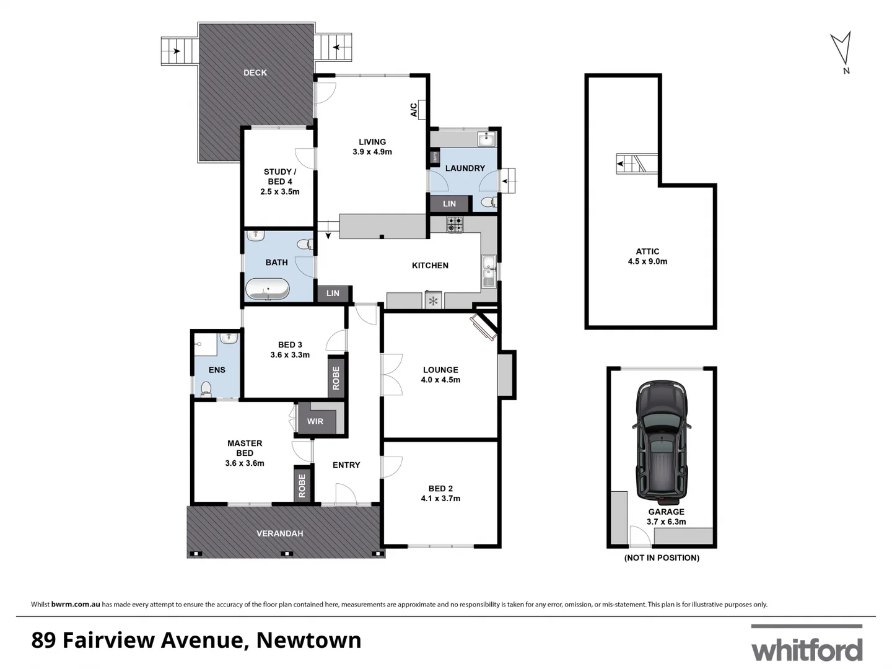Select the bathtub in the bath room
pyautogui.click(x=268, y=289)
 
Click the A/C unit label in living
pyautogui.click(x=414, y=110)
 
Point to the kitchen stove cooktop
pyautogui.click(x=455, y=224)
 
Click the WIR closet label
pyautogui.click(x=315, y=421)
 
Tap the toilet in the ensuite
pyautogui.click(x=206, y=389)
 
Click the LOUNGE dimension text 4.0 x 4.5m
pyautogui.click(x=440, y=380)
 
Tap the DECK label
pyautogui.click(x=255, y=72)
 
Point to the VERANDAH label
pyautogui.click(x=280, y=533)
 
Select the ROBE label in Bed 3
pyautogui.click(x=336, y=378)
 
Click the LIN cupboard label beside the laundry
pyautogui.click(x=449, y=204)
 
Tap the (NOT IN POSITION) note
pyautogui.click(x=662, y=557)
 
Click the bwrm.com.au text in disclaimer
pyautogui.click(x=76, y=605)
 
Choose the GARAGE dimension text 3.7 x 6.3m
pyautogui.click(x=667, y=522)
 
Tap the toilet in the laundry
pyautogui.click(x=489, y=202)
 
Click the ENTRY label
pyautogui.click(x=346, y=465)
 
